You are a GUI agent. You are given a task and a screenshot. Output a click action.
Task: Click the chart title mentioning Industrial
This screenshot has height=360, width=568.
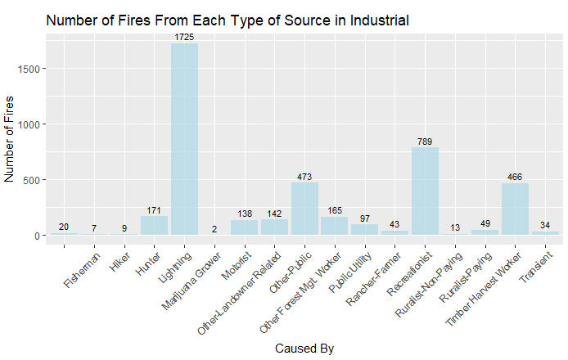[228, 20]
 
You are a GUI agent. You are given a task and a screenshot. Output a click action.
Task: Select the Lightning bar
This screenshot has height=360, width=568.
[184, 139]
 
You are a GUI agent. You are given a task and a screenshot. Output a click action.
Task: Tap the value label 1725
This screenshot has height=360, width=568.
[184, 38]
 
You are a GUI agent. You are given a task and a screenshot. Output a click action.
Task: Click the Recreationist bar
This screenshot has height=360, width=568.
[425, 191]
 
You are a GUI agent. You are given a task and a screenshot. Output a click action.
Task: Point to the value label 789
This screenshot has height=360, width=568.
[425, 142]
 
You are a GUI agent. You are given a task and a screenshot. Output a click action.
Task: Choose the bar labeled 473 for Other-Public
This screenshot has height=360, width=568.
[304, 209]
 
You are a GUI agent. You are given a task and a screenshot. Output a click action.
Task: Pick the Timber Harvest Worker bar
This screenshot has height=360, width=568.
[515, 209]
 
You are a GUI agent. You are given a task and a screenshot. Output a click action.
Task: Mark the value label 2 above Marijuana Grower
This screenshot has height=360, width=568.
[214, 229]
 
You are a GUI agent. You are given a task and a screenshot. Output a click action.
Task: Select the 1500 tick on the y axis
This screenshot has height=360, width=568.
[29, 69]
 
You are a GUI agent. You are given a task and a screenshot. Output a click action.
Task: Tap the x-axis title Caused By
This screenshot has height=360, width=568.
[304, 349]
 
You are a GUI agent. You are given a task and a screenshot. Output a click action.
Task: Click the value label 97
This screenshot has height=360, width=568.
[365, 218]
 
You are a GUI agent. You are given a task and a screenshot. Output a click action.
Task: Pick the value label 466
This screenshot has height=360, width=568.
[515, 178]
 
